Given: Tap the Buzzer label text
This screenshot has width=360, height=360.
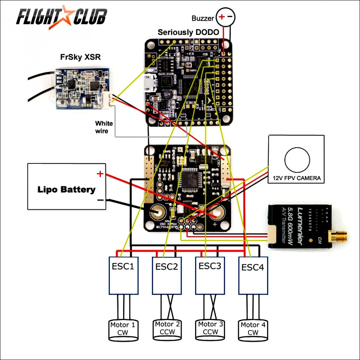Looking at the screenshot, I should click(x=203, y=18).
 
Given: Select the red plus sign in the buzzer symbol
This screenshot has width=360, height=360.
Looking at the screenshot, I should click(x=222, y=17).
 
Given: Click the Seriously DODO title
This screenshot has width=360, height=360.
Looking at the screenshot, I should click(x=188, y=32).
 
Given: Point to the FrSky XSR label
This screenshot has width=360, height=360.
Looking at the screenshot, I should click(x=80, y=57).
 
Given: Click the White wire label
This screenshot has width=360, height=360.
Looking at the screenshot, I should click(x=104, y=127).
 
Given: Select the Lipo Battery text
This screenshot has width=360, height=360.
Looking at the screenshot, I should click(x=66, y=189).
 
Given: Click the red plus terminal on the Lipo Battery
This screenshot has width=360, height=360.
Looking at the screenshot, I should click(x=100, y=173).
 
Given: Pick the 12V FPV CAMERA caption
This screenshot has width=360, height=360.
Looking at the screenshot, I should click(x=296, y=179).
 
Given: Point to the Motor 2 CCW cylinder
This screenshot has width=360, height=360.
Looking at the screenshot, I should click(x=167, y=328).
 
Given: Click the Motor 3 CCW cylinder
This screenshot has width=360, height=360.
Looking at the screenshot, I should click(x=210, y=328).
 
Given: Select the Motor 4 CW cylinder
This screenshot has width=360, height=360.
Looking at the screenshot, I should click(x=253, y=329).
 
